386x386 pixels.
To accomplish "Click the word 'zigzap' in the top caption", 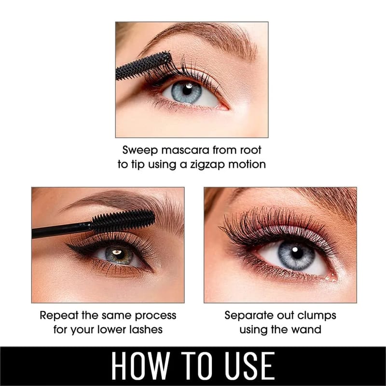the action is click(207, 165).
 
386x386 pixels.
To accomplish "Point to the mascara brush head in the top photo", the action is click(143, 66).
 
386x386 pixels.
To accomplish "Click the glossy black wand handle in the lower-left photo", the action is click(62, 230).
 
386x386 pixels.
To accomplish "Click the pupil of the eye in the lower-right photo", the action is click(297, 253).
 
